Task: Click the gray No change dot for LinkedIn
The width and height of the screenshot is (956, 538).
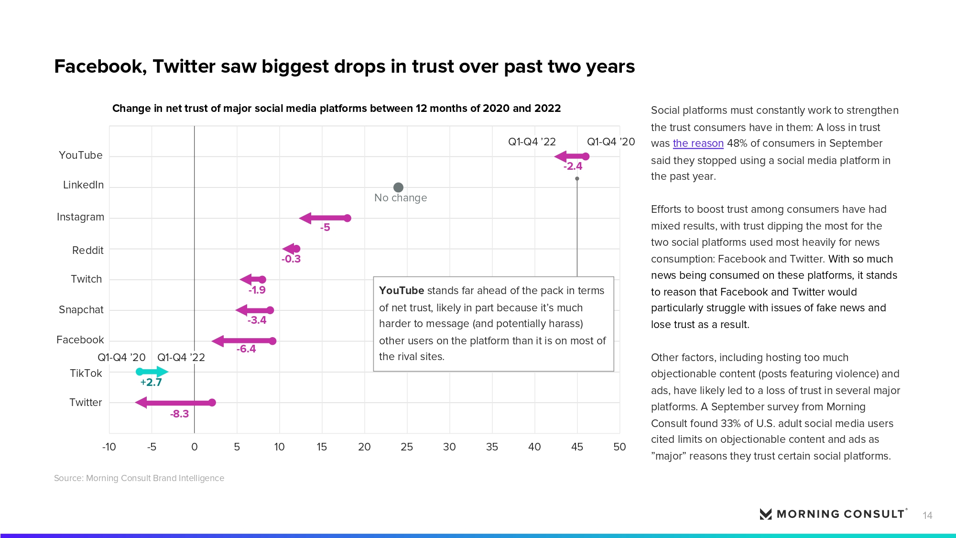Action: tap(398, 187)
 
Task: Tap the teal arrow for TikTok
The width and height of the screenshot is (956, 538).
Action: tap(153, 372)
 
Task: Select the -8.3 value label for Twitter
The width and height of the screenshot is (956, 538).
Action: tap(179, 414)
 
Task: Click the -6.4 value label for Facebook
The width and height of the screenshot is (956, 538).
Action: tap(246, 349)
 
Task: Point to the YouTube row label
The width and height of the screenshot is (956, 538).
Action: tap(81, 155)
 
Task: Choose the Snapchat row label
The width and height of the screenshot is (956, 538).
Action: tap(81, 310)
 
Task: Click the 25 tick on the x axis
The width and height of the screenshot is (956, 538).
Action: tap(407, 447)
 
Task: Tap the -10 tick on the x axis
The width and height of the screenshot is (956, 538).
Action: tap(109, 447)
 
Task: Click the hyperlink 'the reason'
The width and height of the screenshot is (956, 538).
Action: tap(698, 143)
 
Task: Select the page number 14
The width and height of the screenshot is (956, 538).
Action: tap(927, 516)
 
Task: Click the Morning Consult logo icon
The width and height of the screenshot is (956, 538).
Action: tap(766, 514)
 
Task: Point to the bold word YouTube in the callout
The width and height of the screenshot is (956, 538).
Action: tap(402, 291)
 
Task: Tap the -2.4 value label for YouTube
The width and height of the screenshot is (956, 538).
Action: tap(573, 166)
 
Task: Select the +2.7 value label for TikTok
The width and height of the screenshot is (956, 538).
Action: tap(151, 382)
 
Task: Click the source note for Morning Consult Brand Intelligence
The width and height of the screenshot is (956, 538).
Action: tap(139, 478)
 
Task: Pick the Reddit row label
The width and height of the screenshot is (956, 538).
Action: tap(88, 251)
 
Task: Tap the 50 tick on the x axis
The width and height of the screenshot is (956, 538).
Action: tap(619, 447)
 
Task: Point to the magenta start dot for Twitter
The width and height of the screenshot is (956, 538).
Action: tap(212, 403)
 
